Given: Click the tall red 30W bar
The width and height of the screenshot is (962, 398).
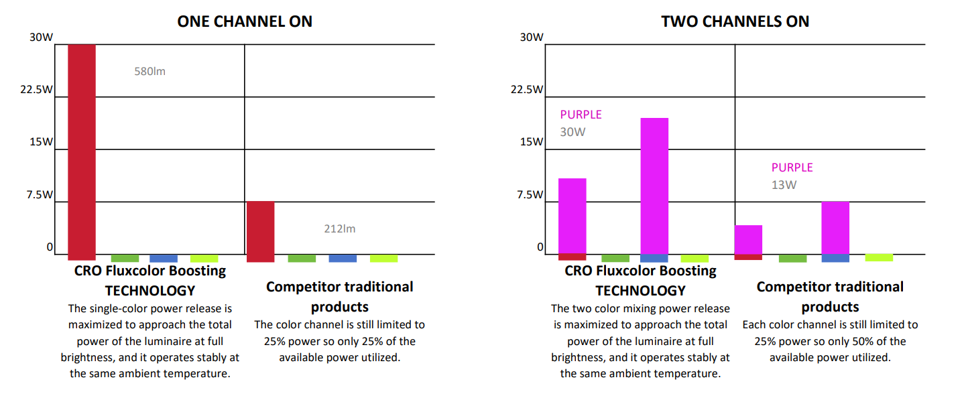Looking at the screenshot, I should coord(82,151).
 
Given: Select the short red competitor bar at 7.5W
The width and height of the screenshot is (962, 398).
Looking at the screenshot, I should coord(261,230).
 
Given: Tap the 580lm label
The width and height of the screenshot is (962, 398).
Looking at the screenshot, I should coord(149,71).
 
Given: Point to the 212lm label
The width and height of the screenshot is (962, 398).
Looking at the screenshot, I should coord(340,229).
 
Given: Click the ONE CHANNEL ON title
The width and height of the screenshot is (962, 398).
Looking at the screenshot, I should coord(244,21).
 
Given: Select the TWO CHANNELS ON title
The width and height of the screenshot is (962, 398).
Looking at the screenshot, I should coord(735,21).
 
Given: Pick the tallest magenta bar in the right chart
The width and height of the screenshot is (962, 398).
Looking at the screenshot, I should coord(654,186).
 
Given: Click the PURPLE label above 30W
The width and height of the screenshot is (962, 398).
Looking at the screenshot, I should coord(581,115).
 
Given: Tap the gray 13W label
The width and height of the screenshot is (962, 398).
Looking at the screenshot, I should coord(784,185).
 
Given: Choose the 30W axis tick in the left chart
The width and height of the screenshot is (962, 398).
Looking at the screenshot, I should coord(40,38).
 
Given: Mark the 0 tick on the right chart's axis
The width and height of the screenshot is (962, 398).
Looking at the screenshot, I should coord(540,248).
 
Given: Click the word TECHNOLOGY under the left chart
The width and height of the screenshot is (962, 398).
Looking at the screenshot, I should coord(150,291).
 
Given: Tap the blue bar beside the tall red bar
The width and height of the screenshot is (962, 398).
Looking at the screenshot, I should coord(164,258).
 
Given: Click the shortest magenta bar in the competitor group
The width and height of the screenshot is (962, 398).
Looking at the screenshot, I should coord(748,239).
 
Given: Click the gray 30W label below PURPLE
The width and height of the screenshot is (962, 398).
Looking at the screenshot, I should coord(573,132).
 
